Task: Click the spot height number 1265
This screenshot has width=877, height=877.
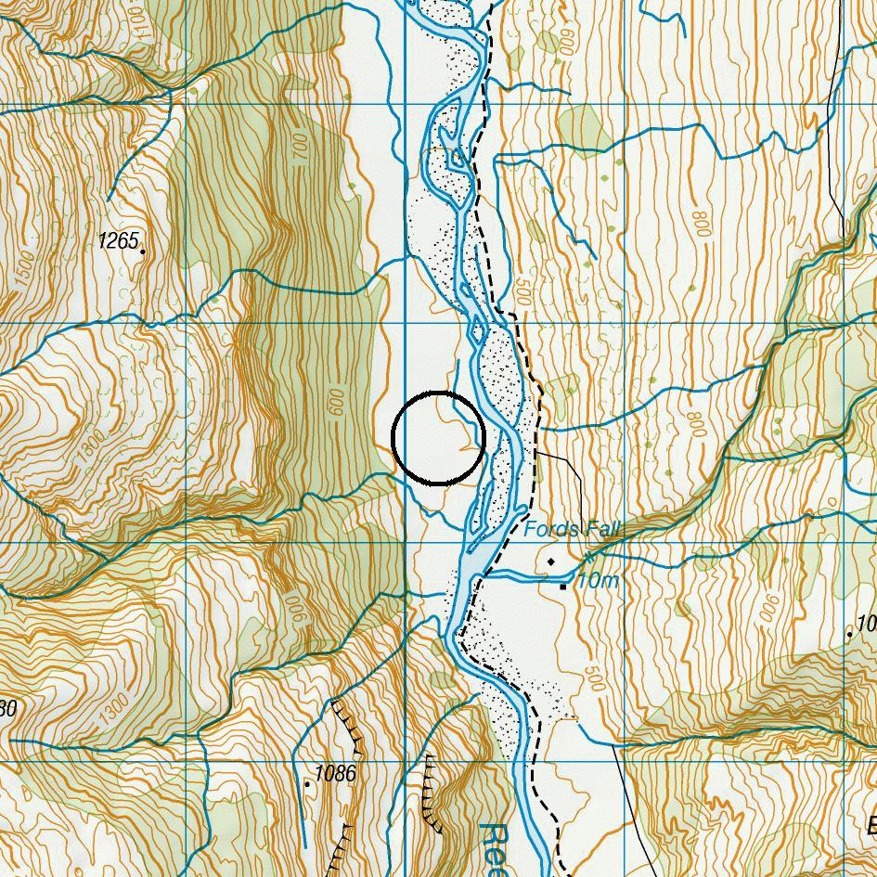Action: (x=117, y=241)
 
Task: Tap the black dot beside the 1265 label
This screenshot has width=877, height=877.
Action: (x=142, y=250)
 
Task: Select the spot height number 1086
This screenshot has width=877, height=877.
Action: (x=334, y=773)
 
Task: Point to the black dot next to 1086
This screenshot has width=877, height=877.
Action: (x=307, y=784)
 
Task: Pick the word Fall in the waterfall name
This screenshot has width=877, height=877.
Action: (x=600, y=530)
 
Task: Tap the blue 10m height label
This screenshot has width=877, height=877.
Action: (x=597, y=581)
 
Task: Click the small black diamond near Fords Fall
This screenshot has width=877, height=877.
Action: (x=551, y=561)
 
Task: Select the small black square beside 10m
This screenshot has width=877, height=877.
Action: (x=563, y=586)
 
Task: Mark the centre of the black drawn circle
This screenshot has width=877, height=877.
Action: (x=439, y=438)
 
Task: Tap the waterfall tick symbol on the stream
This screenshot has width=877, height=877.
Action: (x=588, y=560)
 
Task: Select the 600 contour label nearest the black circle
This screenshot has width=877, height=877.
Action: (x=337, y=402)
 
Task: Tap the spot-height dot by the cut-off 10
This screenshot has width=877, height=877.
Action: (x=849, y=635)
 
